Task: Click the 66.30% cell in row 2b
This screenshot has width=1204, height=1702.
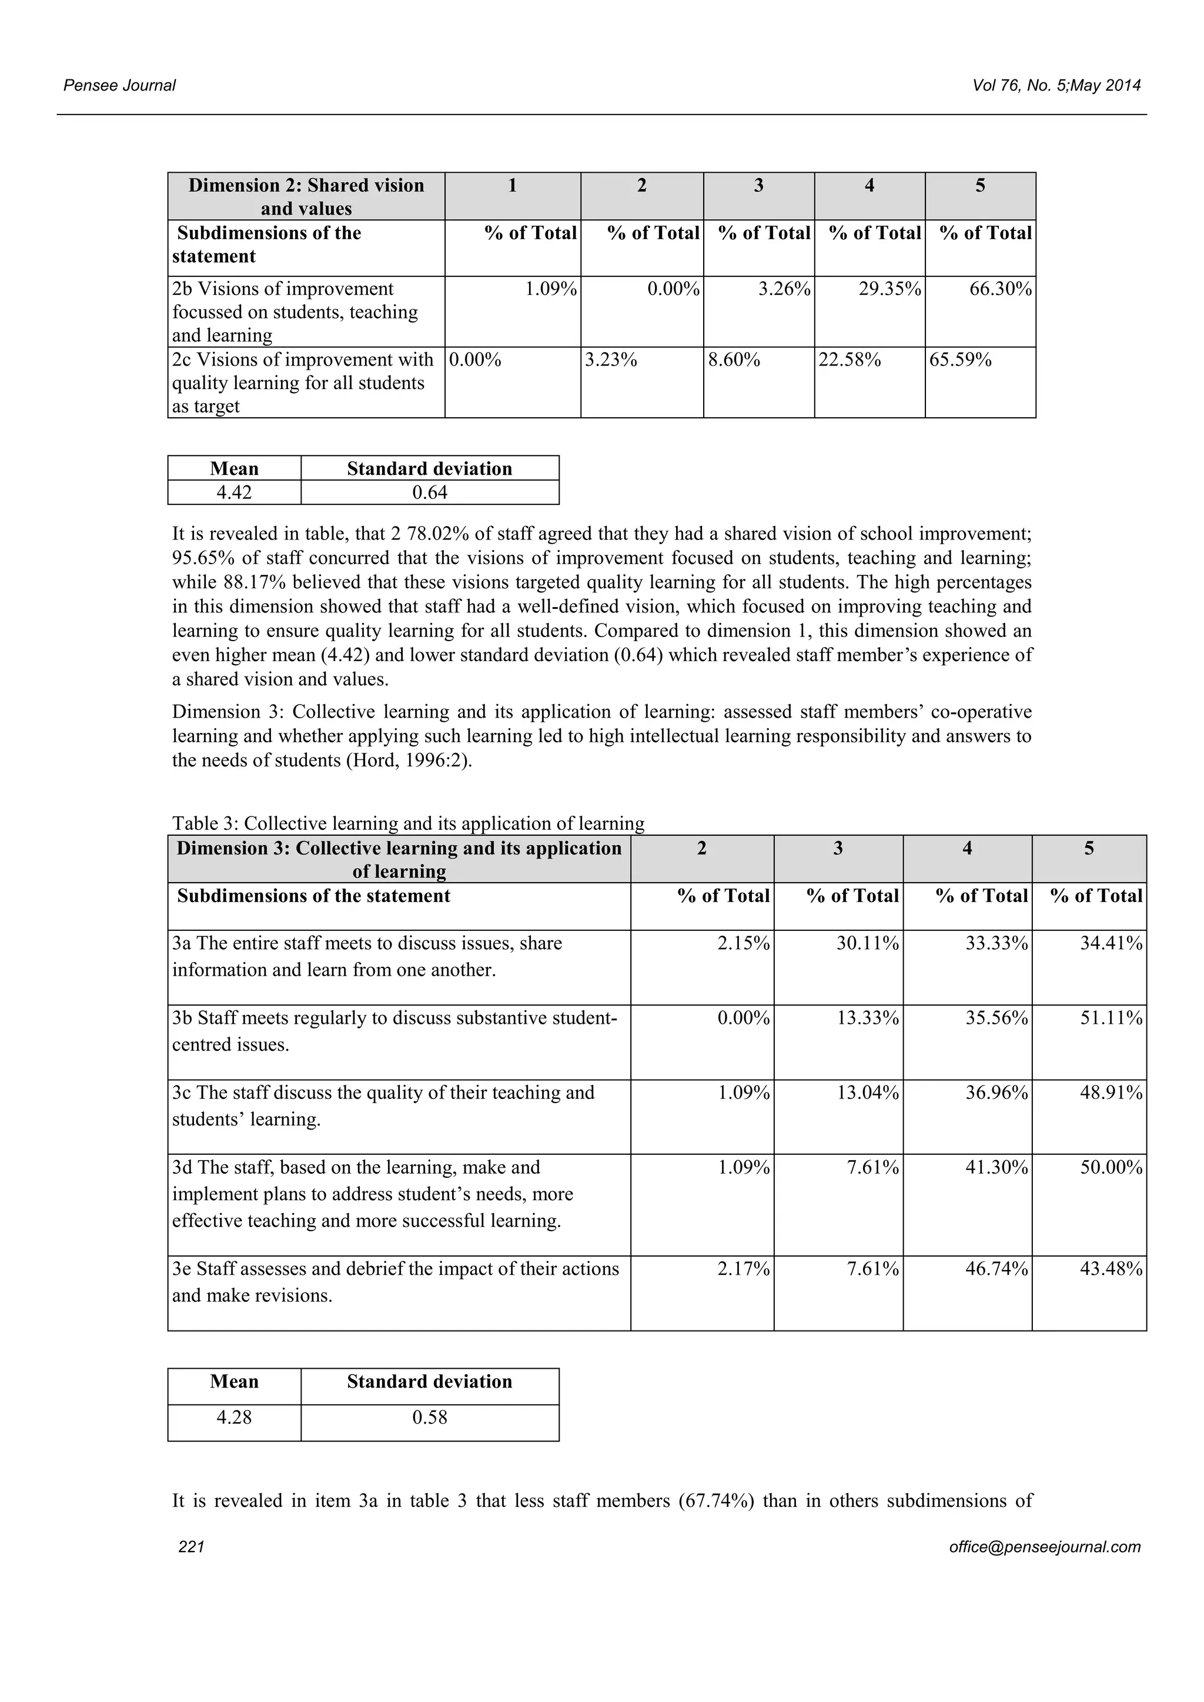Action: point(1000,289)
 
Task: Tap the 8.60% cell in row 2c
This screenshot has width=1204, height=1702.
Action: point(734,360)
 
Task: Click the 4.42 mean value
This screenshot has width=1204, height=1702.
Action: point(235,493)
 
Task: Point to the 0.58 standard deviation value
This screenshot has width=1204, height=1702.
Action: point(429,1418)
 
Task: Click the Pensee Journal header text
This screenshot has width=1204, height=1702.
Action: point(119,85)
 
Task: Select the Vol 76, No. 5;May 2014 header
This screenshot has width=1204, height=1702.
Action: point(1056,85)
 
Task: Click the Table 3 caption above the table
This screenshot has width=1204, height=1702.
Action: point(408,823)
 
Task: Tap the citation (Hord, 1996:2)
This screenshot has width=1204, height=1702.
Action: point(409,760)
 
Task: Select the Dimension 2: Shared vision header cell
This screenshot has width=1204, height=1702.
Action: point(306,196)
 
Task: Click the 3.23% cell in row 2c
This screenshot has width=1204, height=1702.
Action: point(611,360)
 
